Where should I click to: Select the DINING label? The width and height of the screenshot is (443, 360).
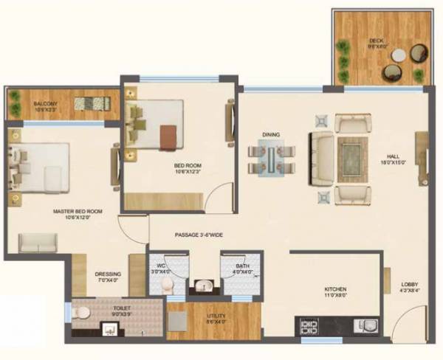(x=270, y=135)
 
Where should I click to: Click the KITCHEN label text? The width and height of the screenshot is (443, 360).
(x=336, y=289)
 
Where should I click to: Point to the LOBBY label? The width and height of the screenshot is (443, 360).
(x=410, y=285)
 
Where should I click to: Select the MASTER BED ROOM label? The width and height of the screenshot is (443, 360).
(x=77, y=212)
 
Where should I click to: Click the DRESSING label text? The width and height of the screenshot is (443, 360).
(x=108, y=274)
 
